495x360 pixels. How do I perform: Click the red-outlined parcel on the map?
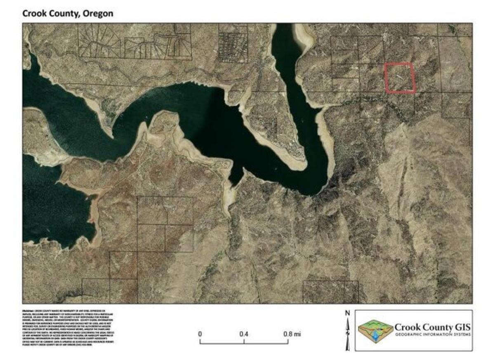pyautogui.click(x=399, y=77)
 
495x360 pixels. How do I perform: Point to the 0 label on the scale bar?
pyautogui.click(x=200, y=334)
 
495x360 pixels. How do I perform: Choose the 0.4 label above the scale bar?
pyautogui.click(x=244, y=334)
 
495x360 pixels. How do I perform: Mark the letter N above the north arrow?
pyautogui.click(x=347, y=313)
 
